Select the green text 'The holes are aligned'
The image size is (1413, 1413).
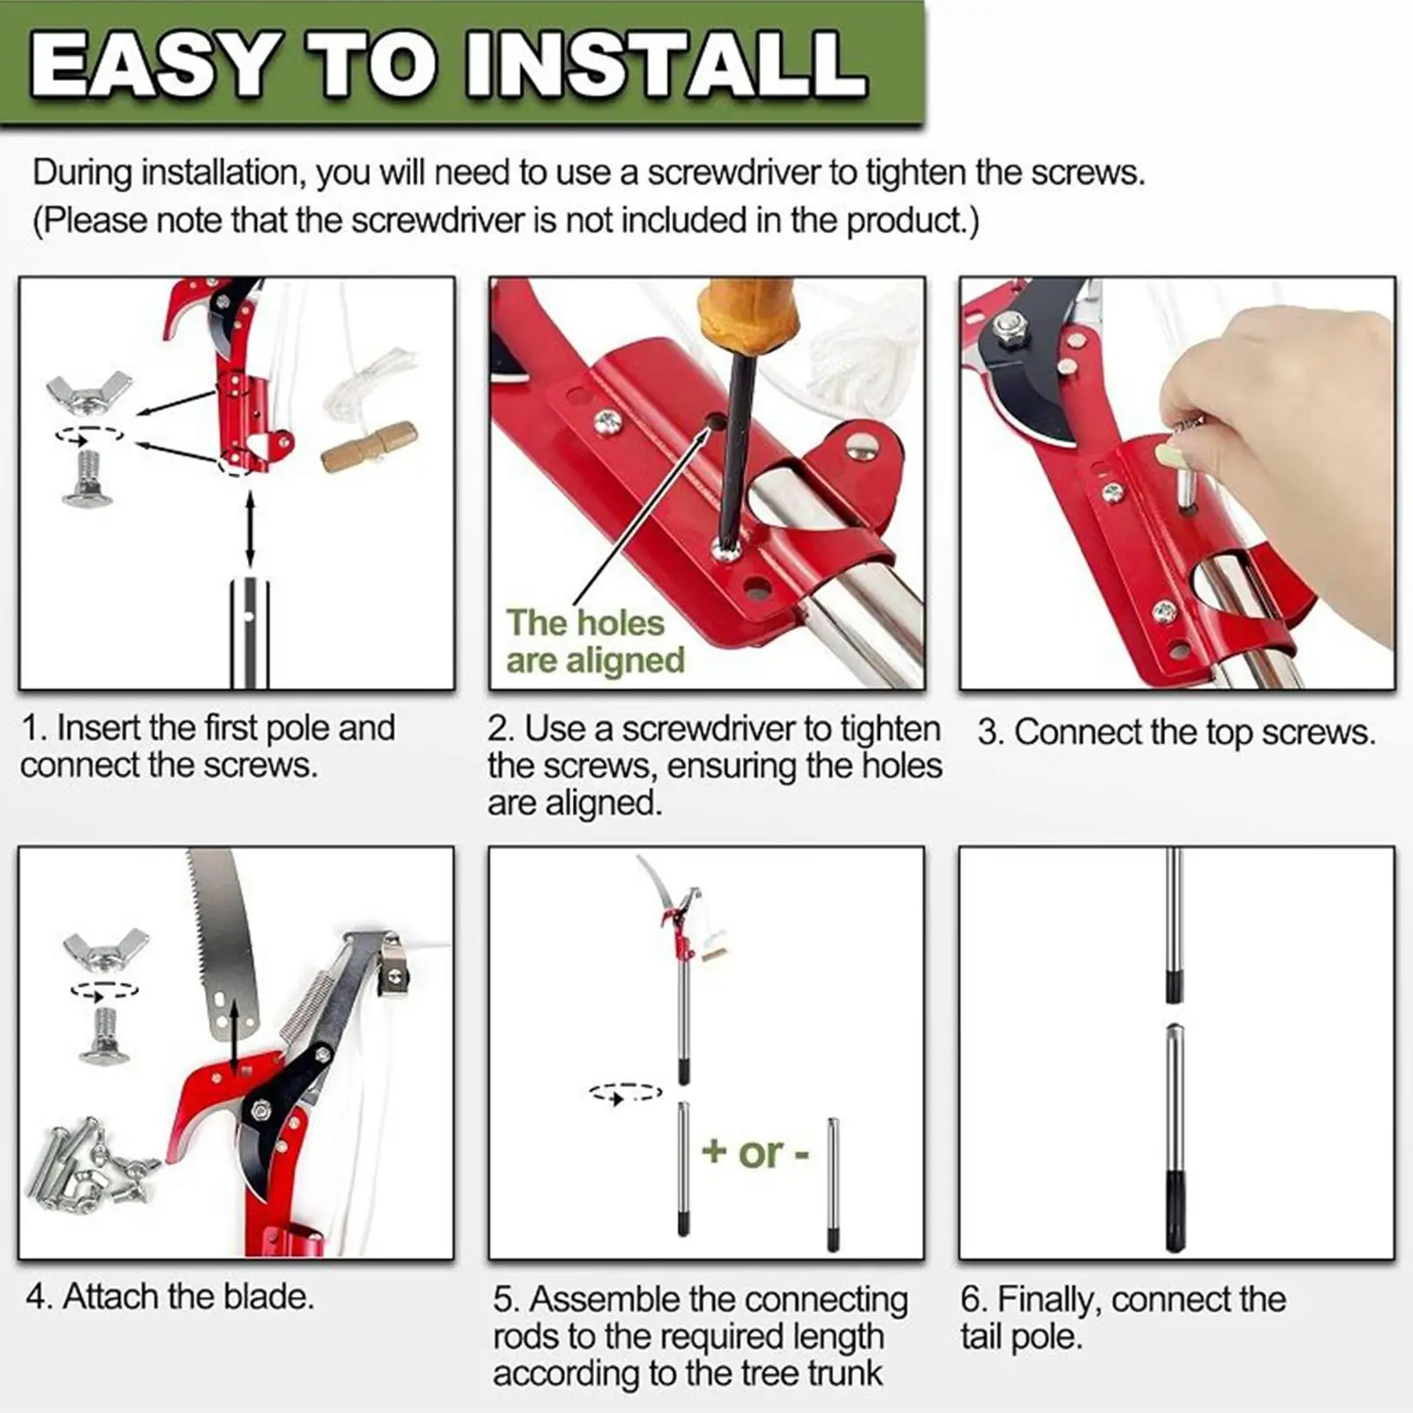(594, 642)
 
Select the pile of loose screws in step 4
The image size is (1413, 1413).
(88, 1165)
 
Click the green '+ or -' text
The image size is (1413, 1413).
(755, 1152)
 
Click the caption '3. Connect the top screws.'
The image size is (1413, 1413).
(1176, 733)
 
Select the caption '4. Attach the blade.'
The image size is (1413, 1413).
(169, 1297)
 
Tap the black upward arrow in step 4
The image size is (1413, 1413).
(235, 1033)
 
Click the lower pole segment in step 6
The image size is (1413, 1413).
(1173, 1139)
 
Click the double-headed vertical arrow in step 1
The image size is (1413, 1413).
(251, 530)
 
